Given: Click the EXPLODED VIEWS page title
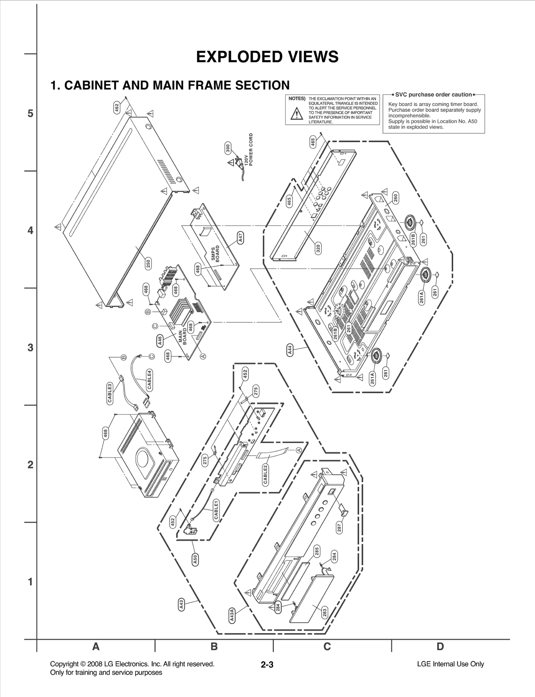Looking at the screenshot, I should tap(267, 57).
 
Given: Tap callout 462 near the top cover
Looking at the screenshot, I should tap(117, 108).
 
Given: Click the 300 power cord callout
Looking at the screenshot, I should tap(228, 148).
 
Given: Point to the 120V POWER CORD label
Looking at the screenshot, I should tap(249, 150).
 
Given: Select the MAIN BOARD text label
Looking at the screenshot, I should tap(183, 337).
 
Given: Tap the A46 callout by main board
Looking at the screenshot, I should tap(160, 340).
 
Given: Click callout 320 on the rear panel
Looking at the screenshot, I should tap(318, 248).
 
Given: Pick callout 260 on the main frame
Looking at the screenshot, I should tap(396, 198).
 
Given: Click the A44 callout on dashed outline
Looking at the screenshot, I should tap(290, 350).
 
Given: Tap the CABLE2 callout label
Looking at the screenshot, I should tap(265, 474).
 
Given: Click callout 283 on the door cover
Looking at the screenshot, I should tap(324, 612).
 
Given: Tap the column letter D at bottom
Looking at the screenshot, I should tap(440, 646).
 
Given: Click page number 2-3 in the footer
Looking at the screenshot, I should tap(267, 665).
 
